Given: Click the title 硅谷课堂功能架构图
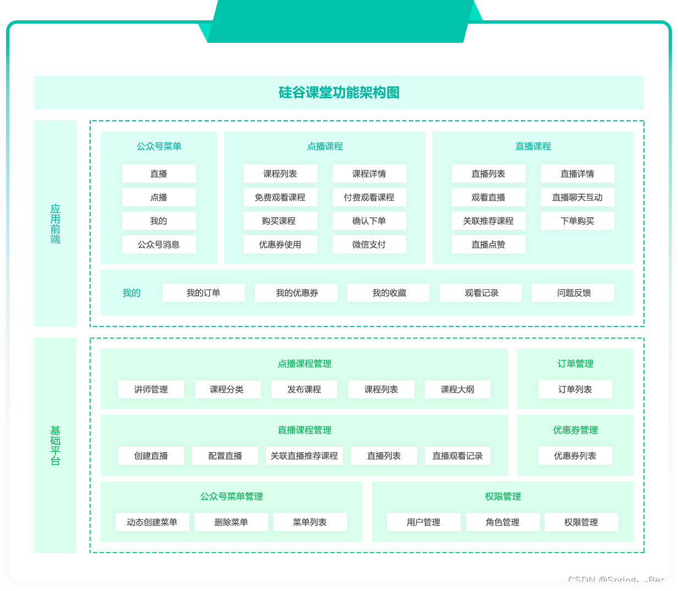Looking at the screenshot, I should point(338,92).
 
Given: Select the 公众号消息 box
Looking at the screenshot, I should point(159,244).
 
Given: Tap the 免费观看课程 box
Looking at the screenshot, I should point(280,197).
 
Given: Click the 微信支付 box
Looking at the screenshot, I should point(369,244).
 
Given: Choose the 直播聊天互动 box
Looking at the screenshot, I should point(577,197).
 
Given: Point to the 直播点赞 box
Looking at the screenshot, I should point(488,244).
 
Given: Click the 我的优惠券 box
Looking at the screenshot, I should point(297,292).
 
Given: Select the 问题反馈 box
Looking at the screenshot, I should point(574,292).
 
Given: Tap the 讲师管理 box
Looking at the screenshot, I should point(151,389).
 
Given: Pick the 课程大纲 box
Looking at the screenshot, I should point(457,389).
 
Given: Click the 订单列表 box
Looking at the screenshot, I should point(575,389).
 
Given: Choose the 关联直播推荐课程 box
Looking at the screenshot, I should point(304,455).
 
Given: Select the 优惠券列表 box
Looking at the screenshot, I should point(575,455).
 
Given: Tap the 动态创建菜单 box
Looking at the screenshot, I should point(152,522).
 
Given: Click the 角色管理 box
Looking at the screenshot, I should point(502,522).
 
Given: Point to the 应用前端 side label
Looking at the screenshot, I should point(55,223).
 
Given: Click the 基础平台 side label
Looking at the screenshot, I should point(55,445).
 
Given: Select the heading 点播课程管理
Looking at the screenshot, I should point(304,363).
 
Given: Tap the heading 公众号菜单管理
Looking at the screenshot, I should point(231,496).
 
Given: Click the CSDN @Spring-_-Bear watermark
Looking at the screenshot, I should point(618,580).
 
